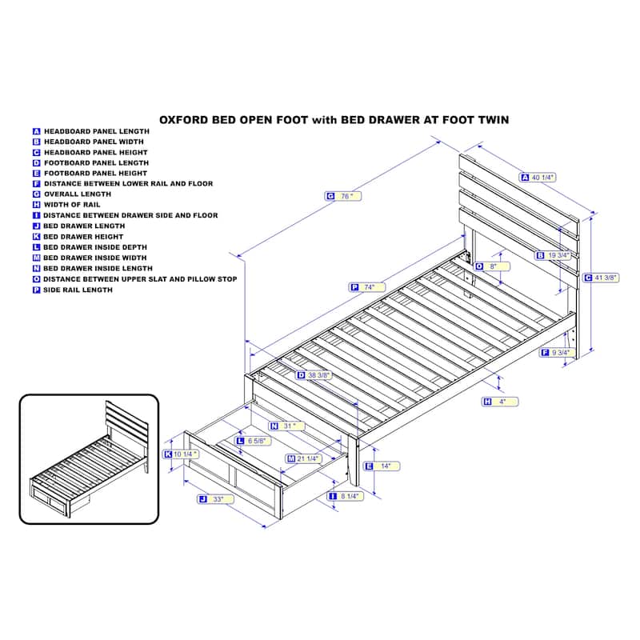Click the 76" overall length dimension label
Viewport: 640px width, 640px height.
343,196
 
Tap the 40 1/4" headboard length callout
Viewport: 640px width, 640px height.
538,177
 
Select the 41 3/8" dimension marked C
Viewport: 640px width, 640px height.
602,278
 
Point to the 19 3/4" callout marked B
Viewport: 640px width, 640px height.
553,255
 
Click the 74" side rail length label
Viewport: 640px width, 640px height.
367,287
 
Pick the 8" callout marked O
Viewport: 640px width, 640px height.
492,266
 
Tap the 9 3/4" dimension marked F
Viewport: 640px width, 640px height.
558,352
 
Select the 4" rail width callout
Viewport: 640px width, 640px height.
500,402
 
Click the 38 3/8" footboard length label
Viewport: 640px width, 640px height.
314,375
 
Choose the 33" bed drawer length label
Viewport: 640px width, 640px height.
215,499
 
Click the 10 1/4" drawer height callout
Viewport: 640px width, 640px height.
182,454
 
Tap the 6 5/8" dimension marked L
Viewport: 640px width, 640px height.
253,441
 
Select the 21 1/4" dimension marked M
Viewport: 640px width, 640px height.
304,458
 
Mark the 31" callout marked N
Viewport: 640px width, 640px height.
287,426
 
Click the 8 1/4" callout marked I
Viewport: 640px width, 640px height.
346,496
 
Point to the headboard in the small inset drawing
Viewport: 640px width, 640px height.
126,421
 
